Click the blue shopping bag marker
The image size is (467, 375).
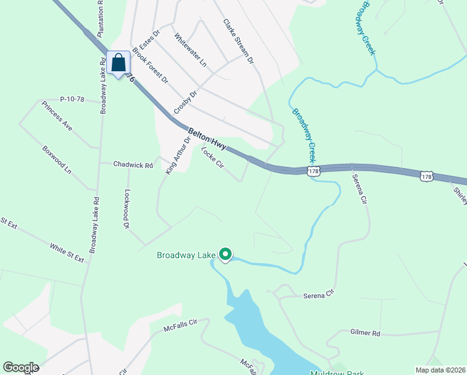point(118,63)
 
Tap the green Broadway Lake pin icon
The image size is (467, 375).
point(225,254)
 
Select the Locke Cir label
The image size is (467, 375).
point(212,157)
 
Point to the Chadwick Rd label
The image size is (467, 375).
point(133,165)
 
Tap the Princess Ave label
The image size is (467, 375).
point(57,116)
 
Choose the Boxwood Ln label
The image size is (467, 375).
point(57,160)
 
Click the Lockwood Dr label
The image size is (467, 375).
point(127,209)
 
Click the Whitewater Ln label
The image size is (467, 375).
point(190,50)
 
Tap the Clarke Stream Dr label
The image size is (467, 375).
point(238,41)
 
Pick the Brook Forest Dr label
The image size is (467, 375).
point(150,67)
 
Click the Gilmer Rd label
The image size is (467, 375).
point(365,334)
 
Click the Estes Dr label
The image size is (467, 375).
point(150,39)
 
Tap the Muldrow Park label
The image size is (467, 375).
point(337,373)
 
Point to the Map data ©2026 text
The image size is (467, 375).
point(440,370)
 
